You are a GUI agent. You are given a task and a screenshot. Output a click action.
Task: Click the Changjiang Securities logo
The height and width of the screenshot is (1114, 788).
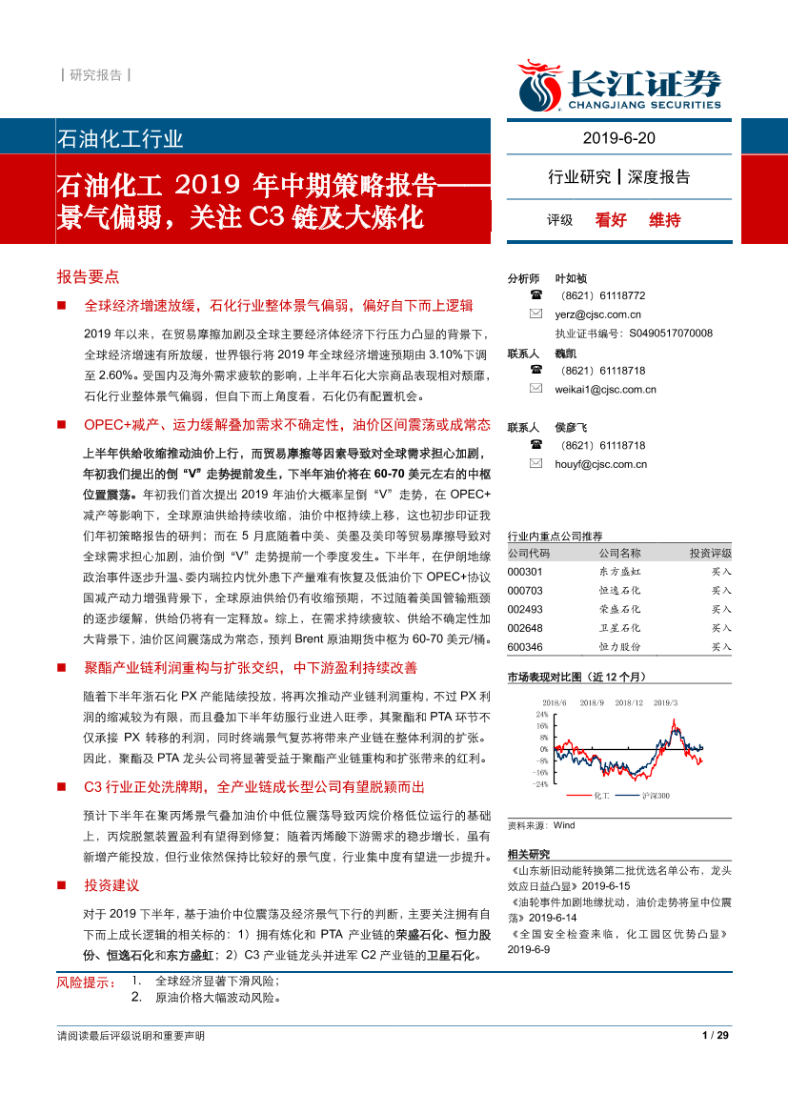[x=619, y=86]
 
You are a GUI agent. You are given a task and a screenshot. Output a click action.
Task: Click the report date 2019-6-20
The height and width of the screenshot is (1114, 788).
[x=618, y=138]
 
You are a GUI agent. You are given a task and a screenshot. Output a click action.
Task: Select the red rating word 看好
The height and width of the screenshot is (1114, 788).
[x=611, y=220]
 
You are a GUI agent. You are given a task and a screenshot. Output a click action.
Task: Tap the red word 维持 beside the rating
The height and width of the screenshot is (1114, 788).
[x=665, y=220]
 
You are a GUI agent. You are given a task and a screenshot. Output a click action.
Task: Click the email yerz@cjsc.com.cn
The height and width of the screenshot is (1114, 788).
[x=597, y=314]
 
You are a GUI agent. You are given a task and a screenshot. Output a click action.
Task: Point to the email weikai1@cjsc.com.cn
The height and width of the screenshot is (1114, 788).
[x=605, y=389]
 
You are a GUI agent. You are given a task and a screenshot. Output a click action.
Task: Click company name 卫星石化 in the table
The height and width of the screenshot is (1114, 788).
[x=619, y=627]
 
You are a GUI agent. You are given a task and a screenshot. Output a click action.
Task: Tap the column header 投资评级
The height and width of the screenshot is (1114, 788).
[x=710, y=554]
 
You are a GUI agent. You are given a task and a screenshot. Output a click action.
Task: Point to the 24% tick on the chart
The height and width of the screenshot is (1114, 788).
[x=541, y=713]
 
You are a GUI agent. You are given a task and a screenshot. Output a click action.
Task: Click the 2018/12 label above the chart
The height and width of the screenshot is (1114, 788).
[x=630, y=702]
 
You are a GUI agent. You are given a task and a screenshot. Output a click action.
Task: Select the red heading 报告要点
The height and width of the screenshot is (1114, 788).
[x=88, y=276]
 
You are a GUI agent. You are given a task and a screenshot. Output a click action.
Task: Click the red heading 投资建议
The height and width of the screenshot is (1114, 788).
[x=111, y=885]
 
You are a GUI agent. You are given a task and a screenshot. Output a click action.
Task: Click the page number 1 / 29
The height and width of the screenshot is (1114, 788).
[x=715, y=1036]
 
